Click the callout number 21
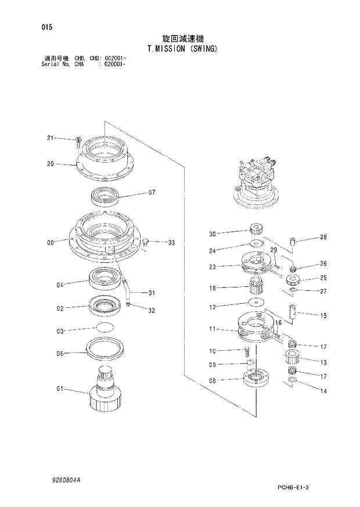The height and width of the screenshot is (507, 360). point(50,138)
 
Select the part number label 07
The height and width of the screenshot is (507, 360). point(152,192)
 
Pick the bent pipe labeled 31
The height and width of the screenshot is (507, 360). point(125,285)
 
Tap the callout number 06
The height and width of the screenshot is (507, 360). point(59,353)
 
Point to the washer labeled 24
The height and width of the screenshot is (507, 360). point(254,244)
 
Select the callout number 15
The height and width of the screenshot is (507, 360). point(323,315)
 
